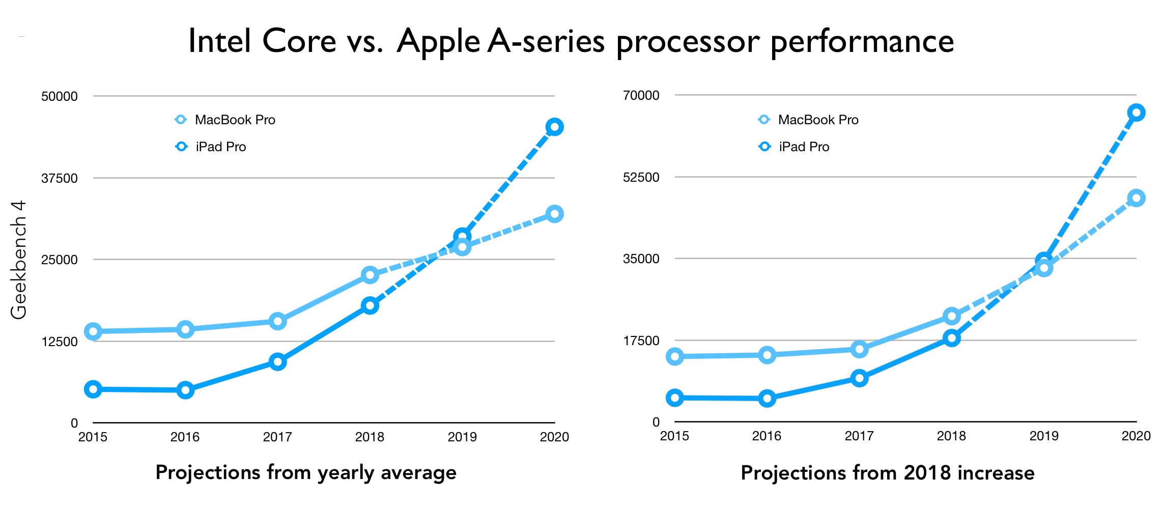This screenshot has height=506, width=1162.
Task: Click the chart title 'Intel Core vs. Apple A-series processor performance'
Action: (571, 41)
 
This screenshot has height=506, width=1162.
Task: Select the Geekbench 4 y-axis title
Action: (19, 260)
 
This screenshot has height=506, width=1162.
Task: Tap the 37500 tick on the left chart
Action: (60, 179)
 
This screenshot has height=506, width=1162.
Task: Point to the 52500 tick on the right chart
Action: (641, 178)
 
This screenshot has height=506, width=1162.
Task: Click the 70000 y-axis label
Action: (641, 96)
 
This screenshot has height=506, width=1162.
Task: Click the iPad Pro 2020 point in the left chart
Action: (554, 127)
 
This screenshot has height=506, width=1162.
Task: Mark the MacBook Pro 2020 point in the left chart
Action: (554, 214)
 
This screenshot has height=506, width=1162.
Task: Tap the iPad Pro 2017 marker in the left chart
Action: (277, 362)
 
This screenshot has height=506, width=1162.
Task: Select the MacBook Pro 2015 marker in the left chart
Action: (93, 331)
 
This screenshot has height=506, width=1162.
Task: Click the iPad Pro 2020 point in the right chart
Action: (1136, 113)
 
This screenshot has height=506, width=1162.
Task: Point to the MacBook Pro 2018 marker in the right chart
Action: (951, 316)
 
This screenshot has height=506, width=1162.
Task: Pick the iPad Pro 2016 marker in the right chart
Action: (767, 398)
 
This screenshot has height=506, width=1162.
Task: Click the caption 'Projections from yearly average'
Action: (306, 472)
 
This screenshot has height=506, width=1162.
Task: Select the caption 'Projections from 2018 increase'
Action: (887, 473)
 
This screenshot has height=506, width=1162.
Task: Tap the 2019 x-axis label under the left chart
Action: (462, 437)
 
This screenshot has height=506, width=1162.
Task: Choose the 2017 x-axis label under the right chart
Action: (859, 436)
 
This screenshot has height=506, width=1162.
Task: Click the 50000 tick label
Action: (60, 97)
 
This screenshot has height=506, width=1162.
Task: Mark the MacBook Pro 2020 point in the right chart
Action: (1136, 198)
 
